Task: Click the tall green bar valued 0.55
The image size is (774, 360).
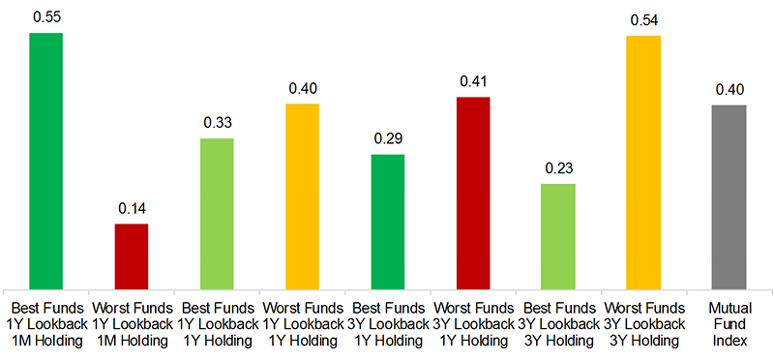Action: [46, 160]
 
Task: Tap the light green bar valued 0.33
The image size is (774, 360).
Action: [217, 212]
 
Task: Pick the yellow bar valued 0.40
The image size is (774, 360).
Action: [302, 195]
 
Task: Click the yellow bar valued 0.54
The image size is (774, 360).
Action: [642, 161]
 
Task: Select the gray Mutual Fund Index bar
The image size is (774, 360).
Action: [729, 195]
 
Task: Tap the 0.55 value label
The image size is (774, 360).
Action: [46, 17]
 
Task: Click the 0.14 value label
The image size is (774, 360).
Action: [132, 208]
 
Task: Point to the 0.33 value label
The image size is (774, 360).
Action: [217, 123]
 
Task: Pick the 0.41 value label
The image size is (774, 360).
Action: [472, 81]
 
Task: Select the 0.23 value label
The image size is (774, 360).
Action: [557, 167]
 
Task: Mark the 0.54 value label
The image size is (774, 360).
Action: [642, 19]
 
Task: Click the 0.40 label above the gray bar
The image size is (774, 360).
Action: [729, 89]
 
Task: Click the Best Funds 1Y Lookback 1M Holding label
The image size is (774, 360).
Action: [46, 325]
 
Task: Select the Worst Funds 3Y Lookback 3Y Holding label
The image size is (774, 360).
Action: [642, 325]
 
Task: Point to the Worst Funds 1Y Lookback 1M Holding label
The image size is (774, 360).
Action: [132, 325]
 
